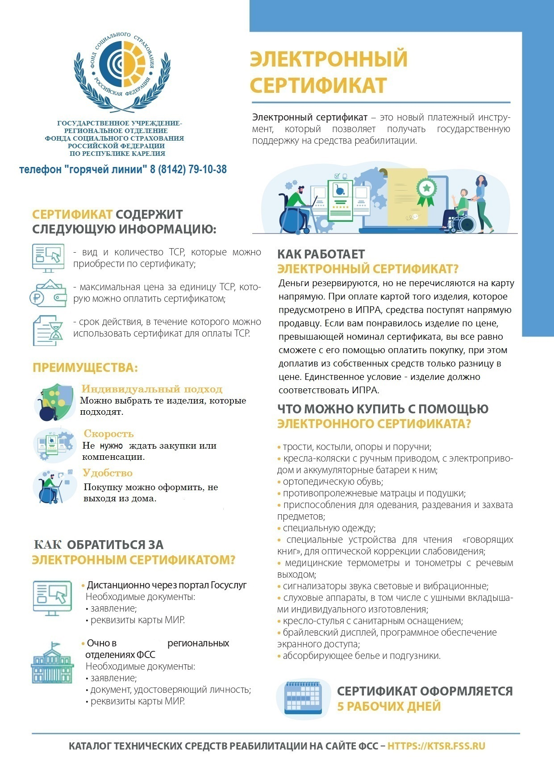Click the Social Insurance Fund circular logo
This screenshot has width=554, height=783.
122,67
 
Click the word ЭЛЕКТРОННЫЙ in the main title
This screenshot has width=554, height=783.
329,59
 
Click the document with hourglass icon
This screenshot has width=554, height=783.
48,330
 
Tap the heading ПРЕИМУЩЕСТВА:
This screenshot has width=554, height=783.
85,368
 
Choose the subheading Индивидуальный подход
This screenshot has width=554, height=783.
152,389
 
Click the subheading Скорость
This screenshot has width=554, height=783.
108,433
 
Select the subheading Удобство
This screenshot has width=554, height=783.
108,473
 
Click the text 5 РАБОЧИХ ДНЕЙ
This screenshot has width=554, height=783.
389,706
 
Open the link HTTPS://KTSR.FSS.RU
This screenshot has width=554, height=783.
436,746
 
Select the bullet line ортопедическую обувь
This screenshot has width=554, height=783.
333,482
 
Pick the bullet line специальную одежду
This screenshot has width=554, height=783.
329,528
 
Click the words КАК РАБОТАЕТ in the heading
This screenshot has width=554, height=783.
321,254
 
